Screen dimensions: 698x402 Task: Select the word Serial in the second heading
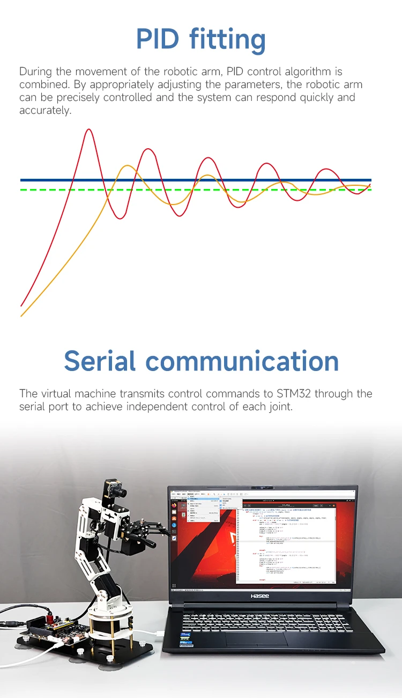(x=100, y=361)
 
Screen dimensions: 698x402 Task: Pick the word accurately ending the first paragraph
(x=45, y=111)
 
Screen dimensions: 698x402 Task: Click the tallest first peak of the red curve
(x=89, y=130)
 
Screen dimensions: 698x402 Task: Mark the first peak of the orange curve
(x=127, y=166)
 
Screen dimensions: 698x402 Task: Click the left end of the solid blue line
(x=21, y=180)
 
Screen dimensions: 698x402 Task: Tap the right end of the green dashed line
(x=370, y=190)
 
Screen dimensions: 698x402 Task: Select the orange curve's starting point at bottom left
(x=21, y=316)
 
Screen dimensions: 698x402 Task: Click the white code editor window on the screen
(x=287, y=542)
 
